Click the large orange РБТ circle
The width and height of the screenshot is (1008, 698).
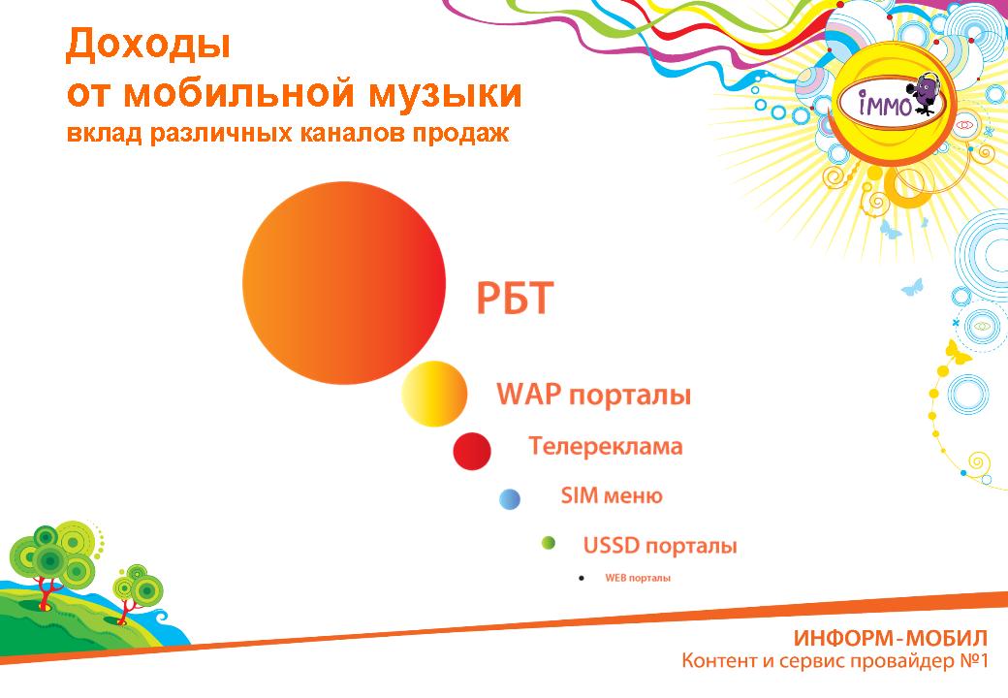coord(344,283)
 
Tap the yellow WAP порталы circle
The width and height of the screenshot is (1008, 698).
coord(434,394)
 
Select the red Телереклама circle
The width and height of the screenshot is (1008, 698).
coord(472,451)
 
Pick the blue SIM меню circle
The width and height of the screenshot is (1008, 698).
coord(510,499)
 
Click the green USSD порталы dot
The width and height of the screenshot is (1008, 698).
coord(549,543)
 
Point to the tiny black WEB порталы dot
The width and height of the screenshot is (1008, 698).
coord(582,579)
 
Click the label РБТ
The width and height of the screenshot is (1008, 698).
coord(515,299)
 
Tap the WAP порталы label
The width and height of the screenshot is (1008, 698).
coord(593,394)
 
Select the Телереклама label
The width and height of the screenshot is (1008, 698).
coord(606,446)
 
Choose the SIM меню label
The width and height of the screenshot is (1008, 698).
coord(612,495)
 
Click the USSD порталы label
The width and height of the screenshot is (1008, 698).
coord(660,546)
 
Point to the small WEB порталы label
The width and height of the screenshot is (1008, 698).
coord(638,578)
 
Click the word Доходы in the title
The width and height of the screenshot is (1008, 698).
coord(148,45)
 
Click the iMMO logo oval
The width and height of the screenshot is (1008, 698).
coord(892,103)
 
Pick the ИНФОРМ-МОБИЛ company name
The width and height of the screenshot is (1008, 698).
coord(890,638)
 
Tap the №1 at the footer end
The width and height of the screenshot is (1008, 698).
coord(973,660)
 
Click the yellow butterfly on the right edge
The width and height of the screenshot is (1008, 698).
coord(958,353)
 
